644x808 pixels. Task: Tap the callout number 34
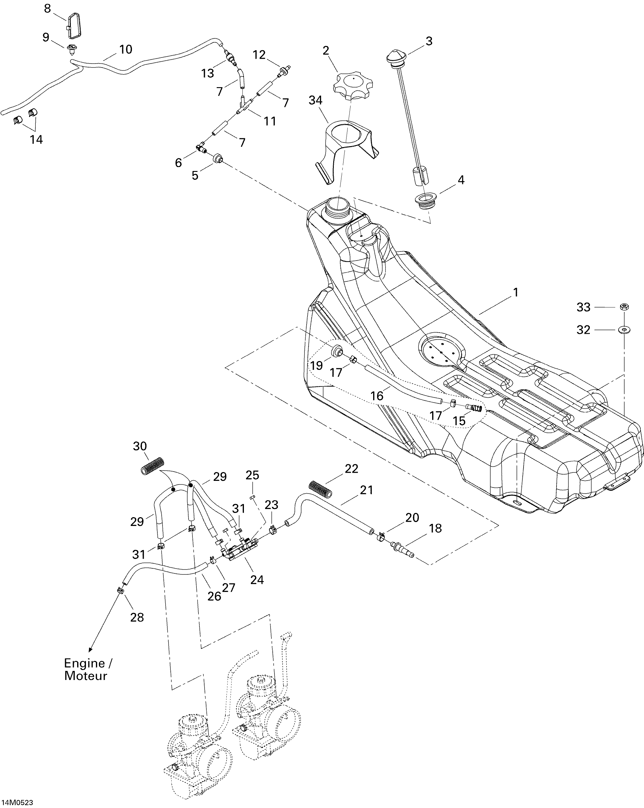[315, 100]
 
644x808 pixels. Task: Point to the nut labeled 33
[623, 307]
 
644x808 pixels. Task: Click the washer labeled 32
[624, 330]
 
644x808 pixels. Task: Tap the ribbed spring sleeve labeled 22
[320, 489]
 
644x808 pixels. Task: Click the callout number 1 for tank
[515, 292]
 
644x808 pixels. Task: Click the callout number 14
[36, 140]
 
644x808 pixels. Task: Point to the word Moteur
[86, 676]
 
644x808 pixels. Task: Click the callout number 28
[137, 617]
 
